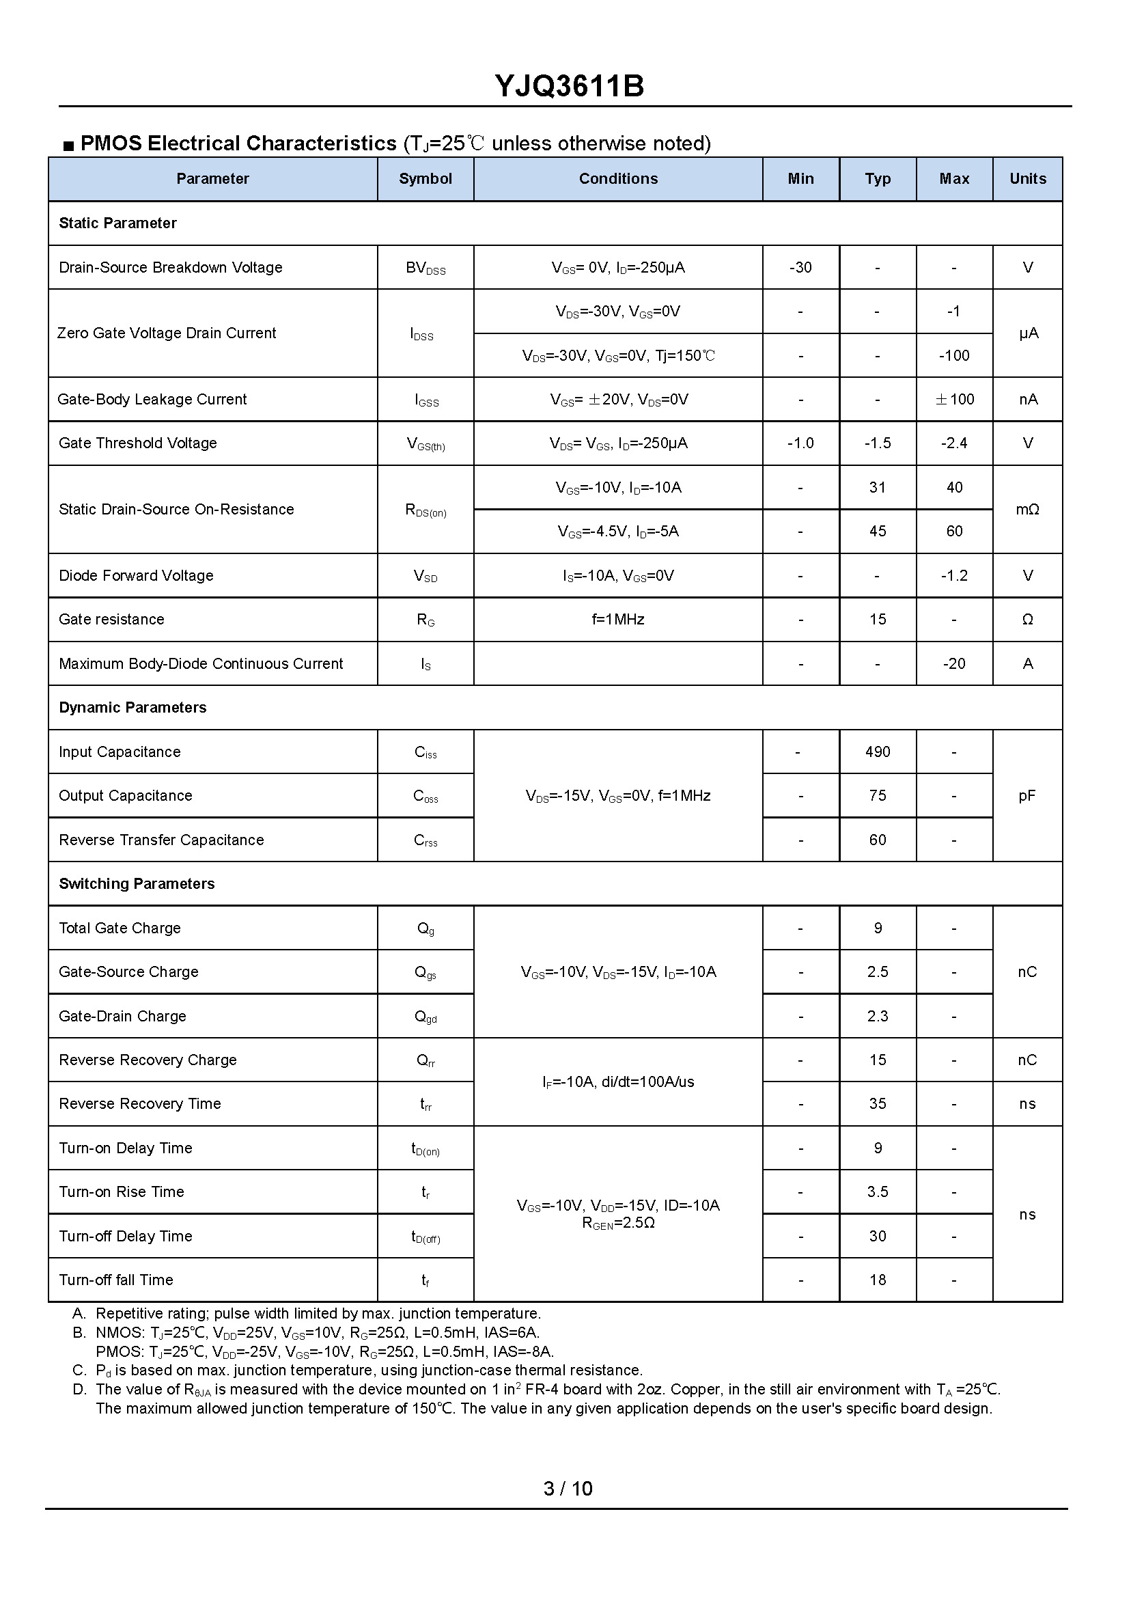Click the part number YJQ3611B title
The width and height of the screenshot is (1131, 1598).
(x=569, y=86)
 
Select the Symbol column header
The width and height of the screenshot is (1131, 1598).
(x=425, y=179)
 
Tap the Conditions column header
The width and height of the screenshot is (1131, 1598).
(x=617, y=179)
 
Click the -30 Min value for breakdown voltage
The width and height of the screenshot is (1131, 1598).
(x=800, y=268)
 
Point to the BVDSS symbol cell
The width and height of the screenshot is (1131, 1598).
(x=425, y=268)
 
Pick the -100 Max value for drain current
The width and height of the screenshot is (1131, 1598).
(x=953, y=355)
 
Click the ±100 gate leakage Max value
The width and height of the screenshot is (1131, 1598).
(x=953, y=399)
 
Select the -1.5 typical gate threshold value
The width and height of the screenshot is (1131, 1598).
(x=877, y=443)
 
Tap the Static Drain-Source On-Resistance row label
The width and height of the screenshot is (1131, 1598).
(x=176, y=509)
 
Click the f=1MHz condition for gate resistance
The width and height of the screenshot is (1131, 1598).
(x=617, y=619)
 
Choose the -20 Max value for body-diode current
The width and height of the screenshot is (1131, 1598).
(x=953, y=663)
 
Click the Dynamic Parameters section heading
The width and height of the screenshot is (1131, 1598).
(x=132, y=708)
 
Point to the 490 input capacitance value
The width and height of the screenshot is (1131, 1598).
(x=877, y=752)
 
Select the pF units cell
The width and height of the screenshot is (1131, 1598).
(x=1027, y=795)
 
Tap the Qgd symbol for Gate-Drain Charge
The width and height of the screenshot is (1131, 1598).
(x=425, y=1017)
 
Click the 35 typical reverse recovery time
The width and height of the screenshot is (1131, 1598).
(x=877, y=1104)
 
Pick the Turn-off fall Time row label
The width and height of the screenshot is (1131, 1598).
(x=115, y=1280)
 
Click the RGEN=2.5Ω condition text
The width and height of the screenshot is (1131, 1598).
(x=617, y=1223)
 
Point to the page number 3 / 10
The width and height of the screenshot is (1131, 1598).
(x=568, y=1489)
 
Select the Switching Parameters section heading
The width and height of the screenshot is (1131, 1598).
(x=137, y=884)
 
